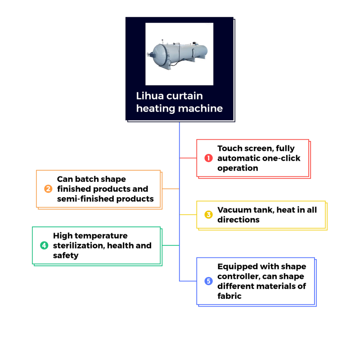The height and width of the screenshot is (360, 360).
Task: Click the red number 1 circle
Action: [x=208, y=158]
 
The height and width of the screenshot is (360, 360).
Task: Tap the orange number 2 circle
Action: [x=48, y=189]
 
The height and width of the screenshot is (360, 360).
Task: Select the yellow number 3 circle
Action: [x=208, y=215]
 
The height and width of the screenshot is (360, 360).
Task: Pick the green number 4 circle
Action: [x=44, y=245]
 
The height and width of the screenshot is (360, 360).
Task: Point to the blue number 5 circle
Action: [x=208, y=281]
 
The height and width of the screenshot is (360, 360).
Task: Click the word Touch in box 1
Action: [x=229, y=148]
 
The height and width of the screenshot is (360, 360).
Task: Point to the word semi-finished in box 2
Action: [x=85, y=199]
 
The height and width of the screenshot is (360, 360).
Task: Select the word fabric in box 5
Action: [x=229, y=296]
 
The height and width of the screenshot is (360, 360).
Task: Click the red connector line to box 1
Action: [x=188, y=158]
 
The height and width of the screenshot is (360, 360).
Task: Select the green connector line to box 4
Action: [x=171, y=245]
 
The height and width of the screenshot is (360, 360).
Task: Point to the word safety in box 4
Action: [x=66, y=256]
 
